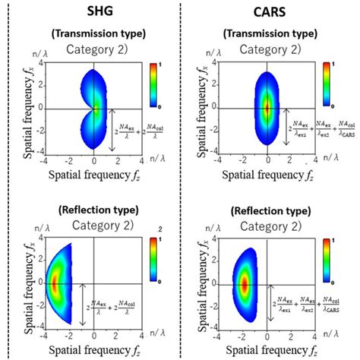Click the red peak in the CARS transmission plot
[267, 108]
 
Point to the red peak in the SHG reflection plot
[55, 284]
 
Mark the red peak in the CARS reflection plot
[245, 284]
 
